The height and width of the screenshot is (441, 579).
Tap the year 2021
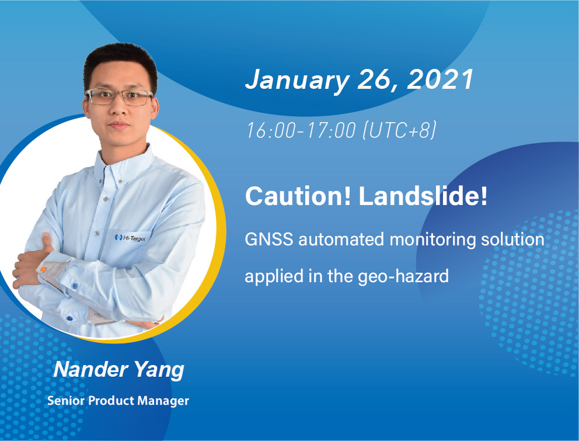point(440,79)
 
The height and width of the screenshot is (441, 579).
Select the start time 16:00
point(271,130)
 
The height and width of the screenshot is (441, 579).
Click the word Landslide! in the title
point(423,196)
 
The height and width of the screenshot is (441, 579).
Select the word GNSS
point(269,239)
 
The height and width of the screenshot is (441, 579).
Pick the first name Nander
point(91,369)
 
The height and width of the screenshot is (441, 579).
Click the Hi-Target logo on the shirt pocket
point(130,238)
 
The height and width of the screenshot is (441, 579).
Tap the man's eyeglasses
point(119,97)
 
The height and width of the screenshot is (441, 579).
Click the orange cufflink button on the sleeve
point(43,269)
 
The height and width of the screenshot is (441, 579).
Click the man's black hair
point(120,63)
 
